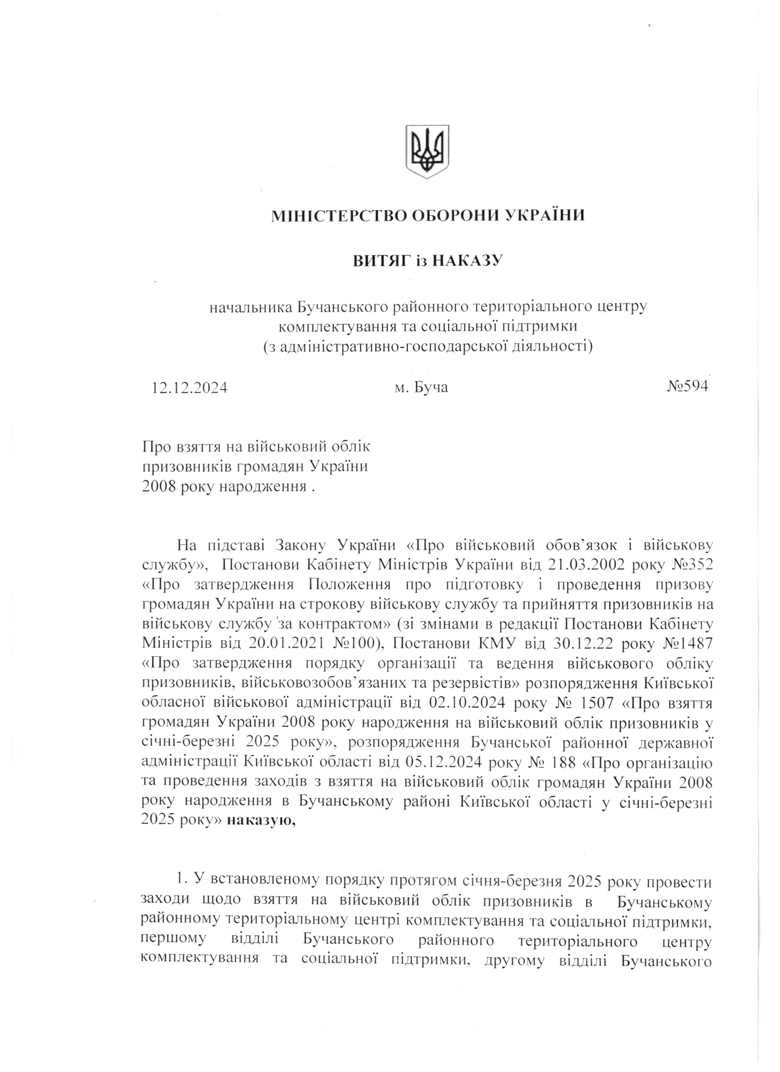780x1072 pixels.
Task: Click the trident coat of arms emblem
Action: point(427,151)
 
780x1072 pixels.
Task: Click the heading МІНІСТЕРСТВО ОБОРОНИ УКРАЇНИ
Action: point(428,216)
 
